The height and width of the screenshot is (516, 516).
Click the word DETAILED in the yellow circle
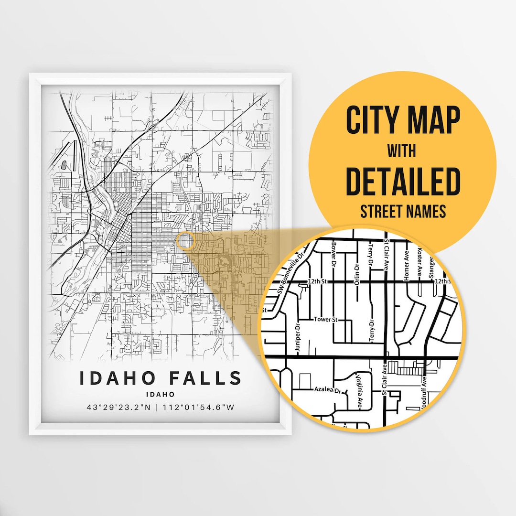point(402,181)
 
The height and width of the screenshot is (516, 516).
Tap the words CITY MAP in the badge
point(403,120)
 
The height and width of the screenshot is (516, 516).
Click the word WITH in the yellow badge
point(402,151)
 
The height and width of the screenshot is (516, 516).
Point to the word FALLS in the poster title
point(206,377)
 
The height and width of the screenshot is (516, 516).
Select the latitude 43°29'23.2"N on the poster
point(118,408)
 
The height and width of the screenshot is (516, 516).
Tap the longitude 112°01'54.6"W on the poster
point(199,408)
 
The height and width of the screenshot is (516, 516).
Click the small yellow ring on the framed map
point(185,241)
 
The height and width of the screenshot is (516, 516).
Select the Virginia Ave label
point(359,392)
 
